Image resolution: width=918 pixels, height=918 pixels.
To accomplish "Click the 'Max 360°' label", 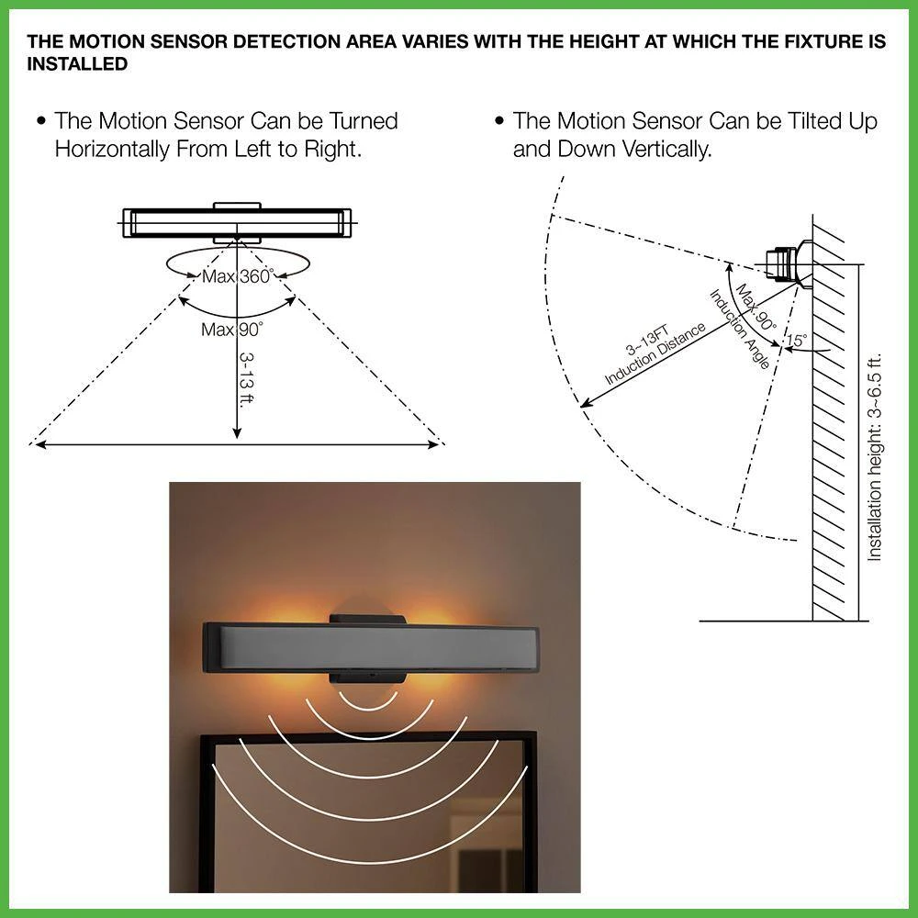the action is pyautogui.click(x=237, y=276).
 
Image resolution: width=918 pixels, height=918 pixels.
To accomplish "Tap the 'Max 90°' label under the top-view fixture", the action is pyautogui.click(x=232, y=330).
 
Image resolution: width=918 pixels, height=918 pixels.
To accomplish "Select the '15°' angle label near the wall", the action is pyautogui.click(x=796, y=341).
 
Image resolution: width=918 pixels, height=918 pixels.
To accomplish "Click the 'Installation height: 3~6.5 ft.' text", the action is pyautogui.click(x=874, y=457).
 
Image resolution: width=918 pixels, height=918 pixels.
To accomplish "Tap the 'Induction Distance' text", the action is pyautogui.click(x=655, y=354).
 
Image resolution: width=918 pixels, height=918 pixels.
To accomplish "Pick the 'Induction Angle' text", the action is pyautogui.click(x=739, y=330).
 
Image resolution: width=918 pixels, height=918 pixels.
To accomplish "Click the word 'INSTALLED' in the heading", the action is pyautogui.click(x=77, y=64).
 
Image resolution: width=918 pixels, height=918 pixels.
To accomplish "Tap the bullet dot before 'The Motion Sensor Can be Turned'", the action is pyautogui.click(x=40, y=121).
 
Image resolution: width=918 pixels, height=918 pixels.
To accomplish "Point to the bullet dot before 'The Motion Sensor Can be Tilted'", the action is pyautogui.click(x=498, y=121).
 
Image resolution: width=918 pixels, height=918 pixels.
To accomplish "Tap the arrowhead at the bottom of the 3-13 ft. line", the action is pyautogui.click(x=237, y=432).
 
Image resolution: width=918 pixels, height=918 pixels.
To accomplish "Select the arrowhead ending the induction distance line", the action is pyautogui.click(x=586, y=403).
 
